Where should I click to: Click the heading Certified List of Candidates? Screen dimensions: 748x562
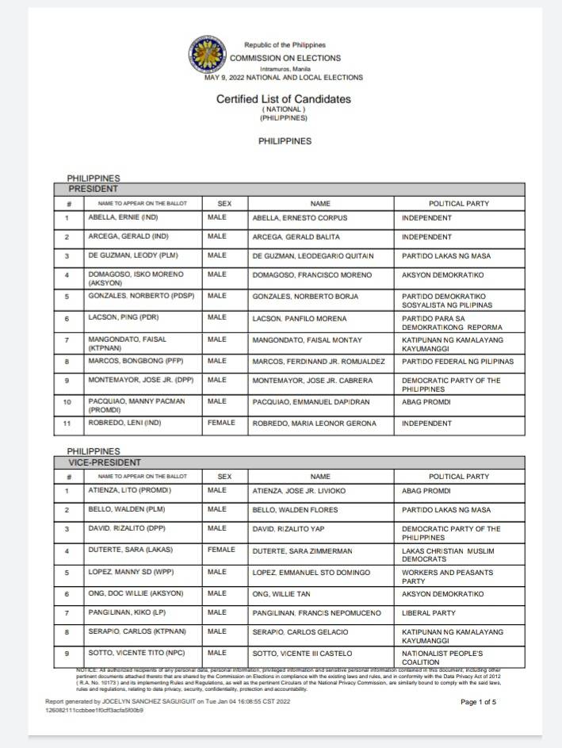(x=283, y=99)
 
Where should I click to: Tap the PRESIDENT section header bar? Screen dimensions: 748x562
(x=289, y=189)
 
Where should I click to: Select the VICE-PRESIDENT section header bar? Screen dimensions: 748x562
(x=289, y=462)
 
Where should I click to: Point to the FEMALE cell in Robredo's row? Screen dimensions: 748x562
(x=221, y=424)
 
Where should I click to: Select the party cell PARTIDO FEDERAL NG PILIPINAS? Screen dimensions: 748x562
(x=457, y=362)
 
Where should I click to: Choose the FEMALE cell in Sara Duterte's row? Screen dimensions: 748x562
(x=221, y=550)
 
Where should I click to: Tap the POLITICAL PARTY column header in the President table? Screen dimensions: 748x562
(x=459, y=204)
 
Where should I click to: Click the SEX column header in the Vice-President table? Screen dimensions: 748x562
(x=224, y=477)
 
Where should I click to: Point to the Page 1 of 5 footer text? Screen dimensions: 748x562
(x=478, y=702)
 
